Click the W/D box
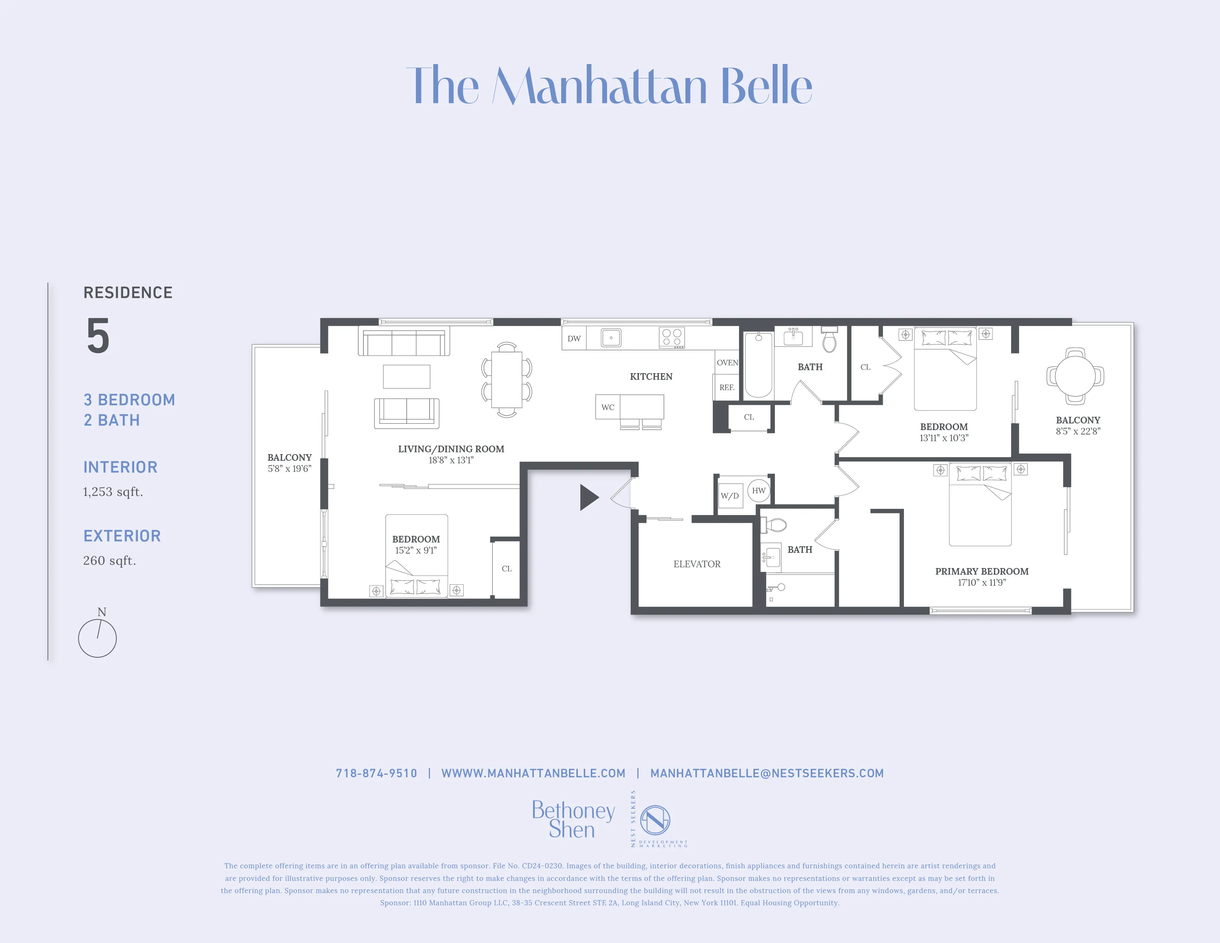pos(729,496)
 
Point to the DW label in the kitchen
pos(574,338)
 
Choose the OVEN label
pos(727,362)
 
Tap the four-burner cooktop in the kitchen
pos(671,337)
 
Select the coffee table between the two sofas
pos(406,376)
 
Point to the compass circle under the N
pos(97,638)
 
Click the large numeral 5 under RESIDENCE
pos(98,336)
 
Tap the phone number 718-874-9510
pos(376,773)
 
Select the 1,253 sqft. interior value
pos(113,491)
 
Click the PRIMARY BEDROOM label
pos(982,571)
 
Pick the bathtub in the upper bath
pos(758,364)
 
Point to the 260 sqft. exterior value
pos(109,560)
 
